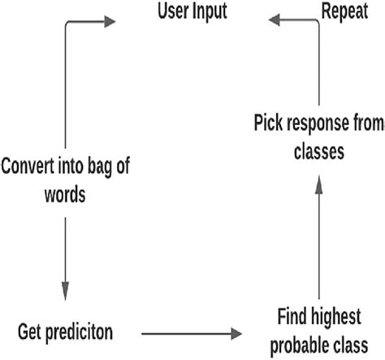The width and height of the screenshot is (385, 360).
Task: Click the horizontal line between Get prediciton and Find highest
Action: point(187,332)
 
